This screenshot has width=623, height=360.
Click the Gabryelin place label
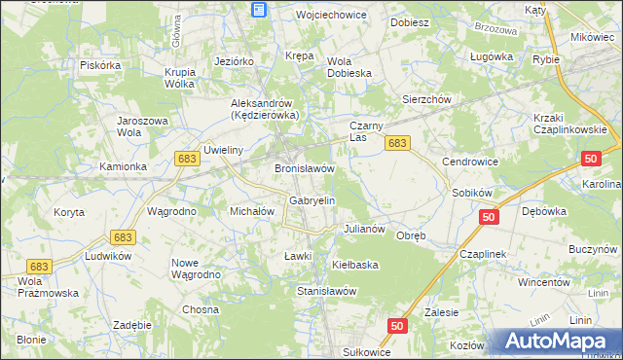tap(311, 200)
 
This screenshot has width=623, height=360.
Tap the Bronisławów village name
tap(305, 168)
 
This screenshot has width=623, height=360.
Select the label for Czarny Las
tap(370, 132)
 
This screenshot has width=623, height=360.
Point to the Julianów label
tap(366, 230)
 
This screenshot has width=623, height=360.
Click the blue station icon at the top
tap(258, 10)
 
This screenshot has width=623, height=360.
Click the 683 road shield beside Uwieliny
tap(189, 157)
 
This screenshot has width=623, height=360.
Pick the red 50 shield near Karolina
tap(591, 158)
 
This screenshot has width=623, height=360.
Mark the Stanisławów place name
tap(326, 291)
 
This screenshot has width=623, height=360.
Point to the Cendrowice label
tap(470, 162)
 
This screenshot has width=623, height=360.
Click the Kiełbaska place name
tap(354, 264)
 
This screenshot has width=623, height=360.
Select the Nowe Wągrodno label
tap(198, 269)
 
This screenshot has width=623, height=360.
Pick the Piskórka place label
tap(100, 65)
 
